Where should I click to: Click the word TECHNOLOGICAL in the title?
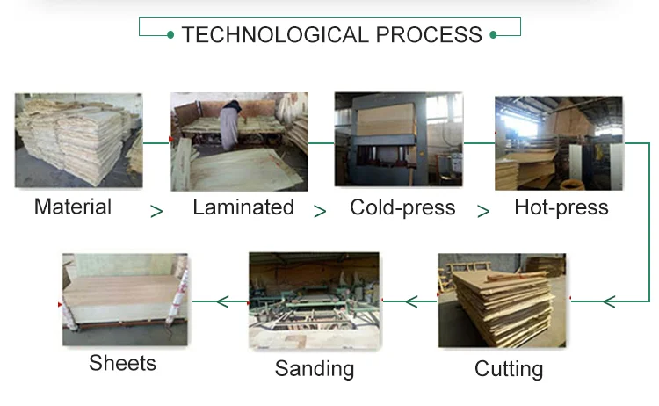275,35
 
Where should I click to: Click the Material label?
73,207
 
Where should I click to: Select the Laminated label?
243,208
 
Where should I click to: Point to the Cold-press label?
402,208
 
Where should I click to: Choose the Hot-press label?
561,208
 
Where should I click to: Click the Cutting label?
509,368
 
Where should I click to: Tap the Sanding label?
315,368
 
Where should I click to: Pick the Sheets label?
123,362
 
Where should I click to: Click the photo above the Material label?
79,141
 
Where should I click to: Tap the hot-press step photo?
558,143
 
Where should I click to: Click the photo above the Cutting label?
502,301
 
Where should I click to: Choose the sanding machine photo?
314,301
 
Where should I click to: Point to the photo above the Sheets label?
125,300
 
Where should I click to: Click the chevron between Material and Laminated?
156,211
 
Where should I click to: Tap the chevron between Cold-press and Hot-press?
483,211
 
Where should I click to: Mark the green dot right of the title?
493,35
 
